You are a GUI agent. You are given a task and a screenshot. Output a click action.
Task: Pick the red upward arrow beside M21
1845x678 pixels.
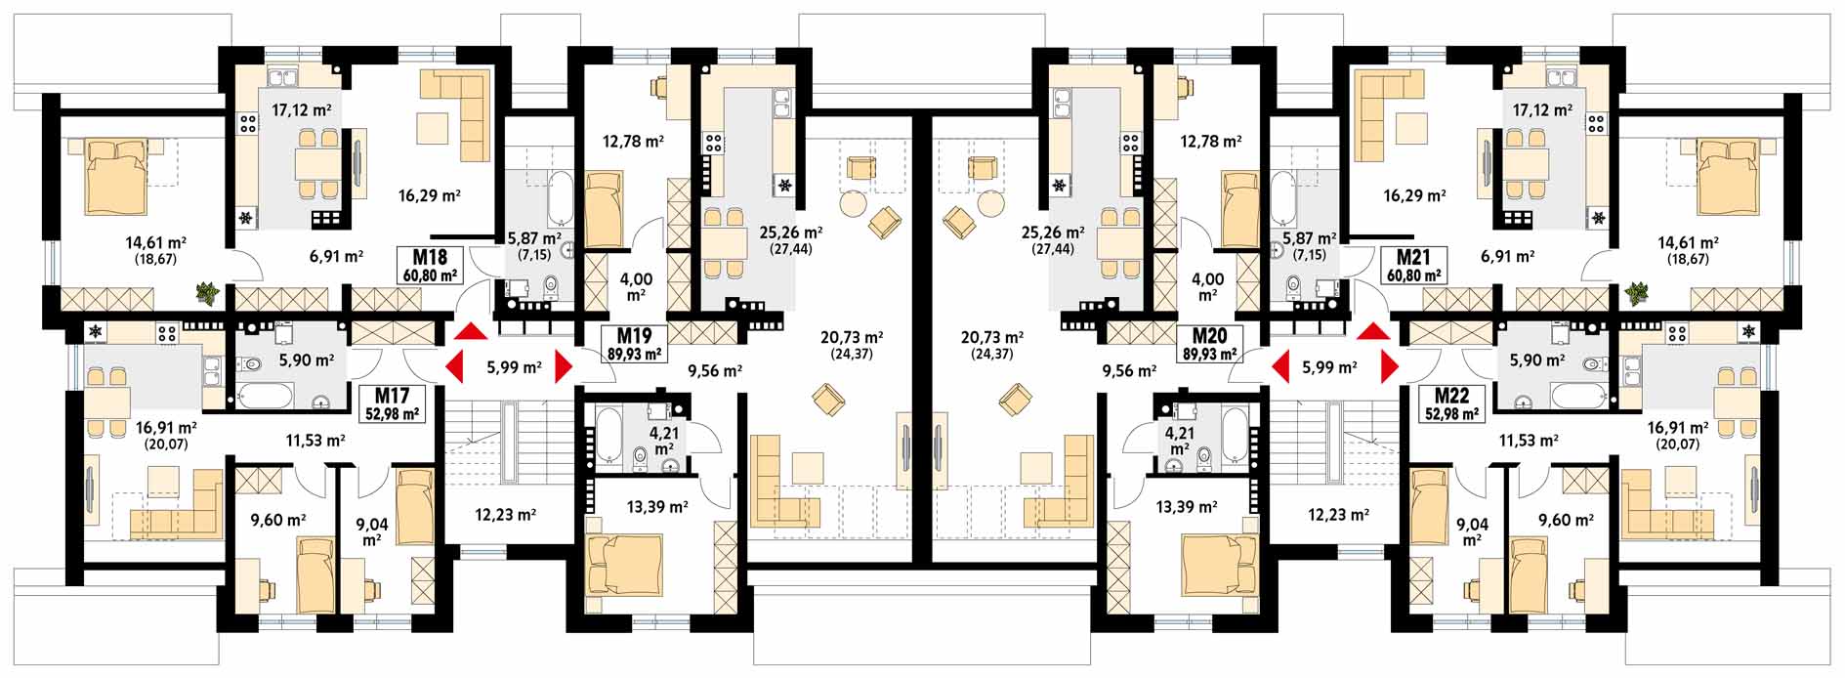[x=1374, y=331]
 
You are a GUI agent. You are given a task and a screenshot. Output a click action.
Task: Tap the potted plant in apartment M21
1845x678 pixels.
[x=1638, y=291]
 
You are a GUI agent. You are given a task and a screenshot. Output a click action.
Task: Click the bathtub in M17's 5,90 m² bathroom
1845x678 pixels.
[x=266, y=396]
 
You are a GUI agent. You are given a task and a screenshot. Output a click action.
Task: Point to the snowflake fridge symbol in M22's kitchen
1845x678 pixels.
[x=1748, y=333]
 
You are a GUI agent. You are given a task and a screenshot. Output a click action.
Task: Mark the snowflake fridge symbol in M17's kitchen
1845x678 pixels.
[x=96, y=333]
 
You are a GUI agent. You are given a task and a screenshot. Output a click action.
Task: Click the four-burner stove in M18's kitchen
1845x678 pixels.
[x=247, y=124]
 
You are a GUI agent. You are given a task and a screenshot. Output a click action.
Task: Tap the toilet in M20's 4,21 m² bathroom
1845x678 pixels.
[x=1203, y=455]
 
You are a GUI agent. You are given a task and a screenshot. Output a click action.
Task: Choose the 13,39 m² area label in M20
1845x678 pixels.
[x=1186, y=507]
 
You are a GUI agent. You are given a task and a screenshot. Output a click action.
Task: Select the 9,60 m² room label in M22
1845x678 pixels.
[x=1566, y=520]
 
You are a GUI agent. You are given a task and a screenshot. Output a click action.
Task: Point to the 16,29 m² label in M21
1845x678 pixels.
[x=1414, y=195]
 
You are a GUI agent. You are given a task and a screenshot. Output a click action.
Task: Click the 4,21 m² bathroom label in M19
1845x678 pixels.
[x=664, y=441]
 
